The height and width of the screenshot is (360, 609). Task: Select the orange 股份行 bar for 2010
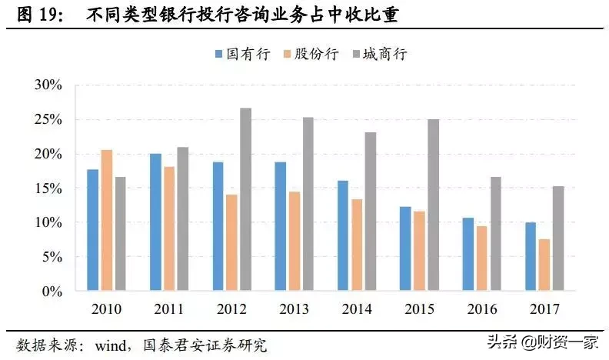click(x=107, y=221)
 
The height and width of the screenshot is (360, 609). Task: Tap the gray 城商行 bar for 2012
click(x=245, y=200)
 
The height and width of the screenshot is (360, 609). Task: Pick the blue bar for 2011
click(x=155, y=223)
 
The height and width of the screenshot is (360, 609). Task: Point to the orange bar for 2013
click(x=295, y=242)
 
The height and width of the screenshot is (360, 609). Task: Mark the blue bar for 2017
click(x=529, y=257)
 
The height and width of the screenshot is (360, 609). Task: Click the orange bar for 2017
click(x=544, y=265)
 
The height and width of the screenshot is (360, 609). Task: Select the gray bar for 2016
click(x=495, y=235)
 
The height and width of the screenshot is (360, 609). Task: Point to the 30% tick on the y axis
click(x=48, y=85)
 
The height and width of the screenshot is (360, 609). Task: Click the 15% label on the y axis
click(x=48, y=188)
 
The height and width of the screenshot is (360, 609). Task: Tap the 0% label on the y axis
click(x=51, y=292)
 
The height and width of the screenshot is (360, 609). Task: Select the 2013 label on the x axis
click(x=294, y=309)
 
